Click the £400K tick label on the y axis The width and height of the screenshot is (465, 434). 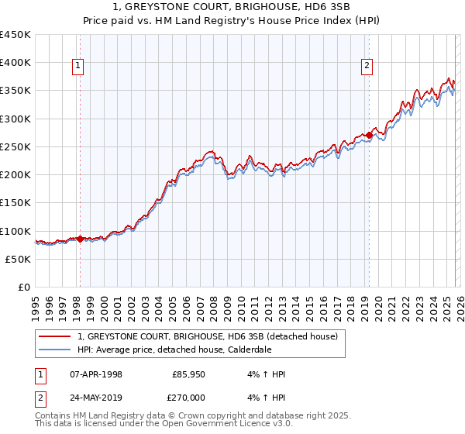(x=15, y=63)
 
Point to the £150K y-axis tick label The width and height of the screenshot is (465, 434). (x=15, y=203)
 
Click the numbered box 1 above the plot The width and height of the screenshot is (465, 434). (x=79, y=67)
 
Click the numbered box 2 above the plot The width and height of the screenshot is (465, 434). (x=366, y=67)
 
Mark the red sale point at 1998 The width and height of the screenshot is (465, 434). (x=80, y=239)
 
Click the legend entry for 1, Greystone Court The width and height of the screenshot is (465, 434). (x=207, y=337)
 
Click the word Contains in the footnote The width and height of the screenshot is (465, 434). (x=54, y=416)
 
